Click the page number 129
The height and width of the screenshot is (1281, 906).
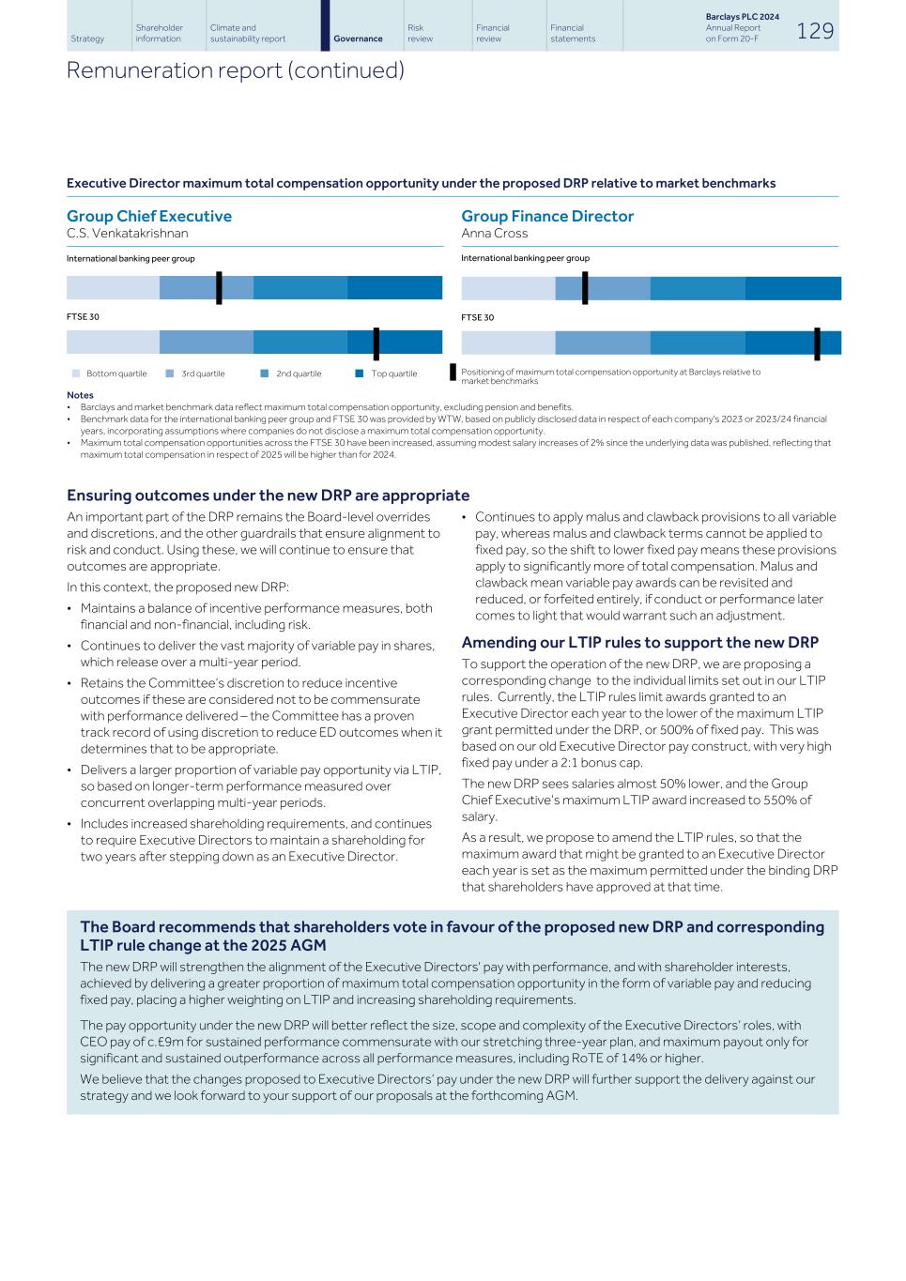pos(814,31)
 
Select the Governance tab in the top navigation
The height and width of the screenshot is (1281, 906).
pos(358,38)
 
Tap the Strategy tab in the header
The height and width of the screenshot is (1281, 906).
pos(87,38)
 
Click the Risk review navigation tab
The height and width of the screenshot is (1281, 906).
pos(420,33)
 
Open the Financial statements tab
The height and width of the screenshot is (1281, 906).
pos(573,33)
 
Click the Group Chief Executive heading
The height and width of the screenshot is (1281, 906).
pos(149,216)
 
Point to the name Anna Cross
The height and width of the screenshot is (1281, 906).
pos(494,233)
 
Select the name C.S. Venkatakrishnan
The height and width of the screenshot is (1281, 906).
pos(128,233)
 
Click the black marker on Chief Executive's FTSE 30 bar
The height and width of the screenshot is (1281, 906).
pos(376,343)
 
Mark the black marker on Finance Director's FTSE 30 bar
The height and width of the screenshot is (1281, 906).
pos(817,343)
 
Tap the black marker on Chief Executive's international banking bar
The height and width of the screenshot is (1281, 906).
pos(219,288)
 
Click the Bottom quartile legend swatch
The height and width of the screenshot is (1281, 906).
pos(76,374)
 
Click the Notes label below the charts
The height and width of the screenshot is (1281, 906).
pos(80,395)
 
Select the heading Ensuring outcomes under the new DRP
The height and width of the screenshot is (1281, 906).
pos(268,496)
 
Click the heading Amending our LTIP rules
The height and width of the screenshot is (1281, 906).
pos(639,642)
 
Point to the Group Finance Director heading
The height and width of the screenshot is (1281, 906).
pos(547,216)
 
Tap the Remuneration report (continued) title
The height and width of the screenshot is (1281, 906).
pos(236,70)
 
